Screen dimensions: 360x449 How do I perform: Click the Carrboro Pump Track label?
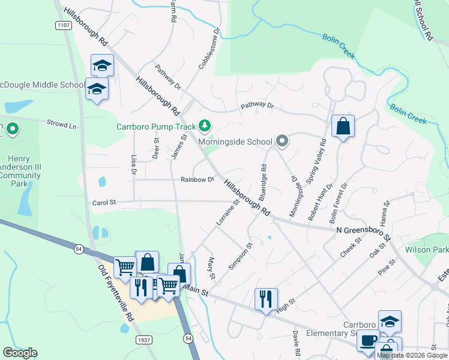[x=156, y=127]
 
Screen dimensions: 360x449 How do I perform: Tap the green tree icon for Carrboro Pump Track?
[x=206, y=125]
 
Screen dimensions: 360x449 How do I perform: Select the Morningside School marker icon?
[x=282, y=142]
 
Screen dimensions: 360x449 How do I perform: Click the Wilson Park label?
[x=427, y=249]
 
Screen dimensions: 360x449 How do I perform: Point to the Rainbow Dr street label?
[x=197, y=179]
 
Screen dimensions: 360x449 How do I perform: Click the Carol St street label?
[x=104, y=203]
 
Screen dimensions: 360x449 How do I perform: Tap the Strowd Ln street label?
[x=64, y=125]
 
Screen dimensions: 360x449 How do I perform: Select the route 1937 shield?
[x=143, y=340]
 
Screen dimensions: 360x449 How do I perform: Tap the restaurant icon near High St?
[x=265, y=298]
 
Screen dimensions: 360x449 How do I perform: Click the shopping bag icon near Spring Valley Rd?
[x=343, y=126]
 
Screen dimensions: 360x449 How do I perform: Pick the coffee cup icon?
[x=368, y=341]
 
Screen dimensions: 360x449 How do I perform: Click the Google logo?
[x=20, y=353]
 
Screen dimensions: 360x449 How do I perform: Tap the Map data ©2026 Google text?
[x=412, y=355]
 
